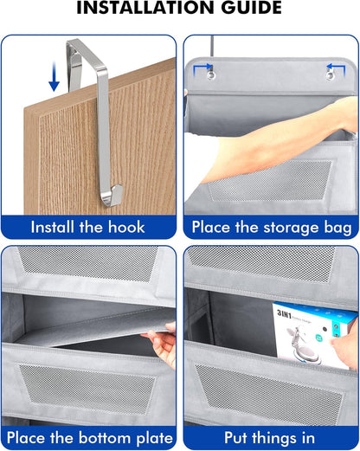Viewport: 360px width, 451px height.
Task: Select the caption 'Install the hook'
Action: click(x=88, y=228)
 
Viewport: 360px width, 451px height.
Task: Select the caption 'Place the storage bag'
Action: click(x=271, y=228)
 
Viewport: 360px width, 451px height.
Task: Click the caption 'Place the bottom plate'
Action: click(x=88, y=438)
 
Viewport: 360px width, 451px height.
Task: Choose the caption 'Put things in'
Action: click(x=271, y=438)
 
